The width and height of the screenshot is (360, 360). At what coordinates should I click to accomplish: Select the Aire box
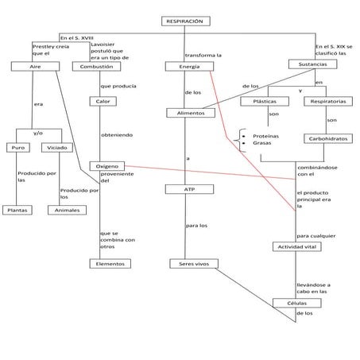(x=35, y=67)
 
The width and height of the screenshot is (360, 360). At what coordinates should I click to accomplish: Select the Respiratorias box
(x=328, y=102)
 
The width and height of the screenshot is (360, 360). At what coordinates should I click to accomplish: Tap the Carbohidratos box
(x=327, y=138)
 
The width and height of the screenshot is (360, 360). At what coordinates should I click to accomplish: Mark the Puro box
(x=17, y=148)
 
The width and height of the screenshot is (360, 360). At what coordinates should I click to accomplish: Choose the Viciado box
(x=56, y=148)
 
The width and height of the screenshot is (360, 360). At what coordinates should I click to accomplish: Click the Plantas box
(x=17, y=210)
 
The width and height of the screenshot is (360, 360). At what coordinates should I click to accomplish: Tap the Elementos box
(x=108, y=263)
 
